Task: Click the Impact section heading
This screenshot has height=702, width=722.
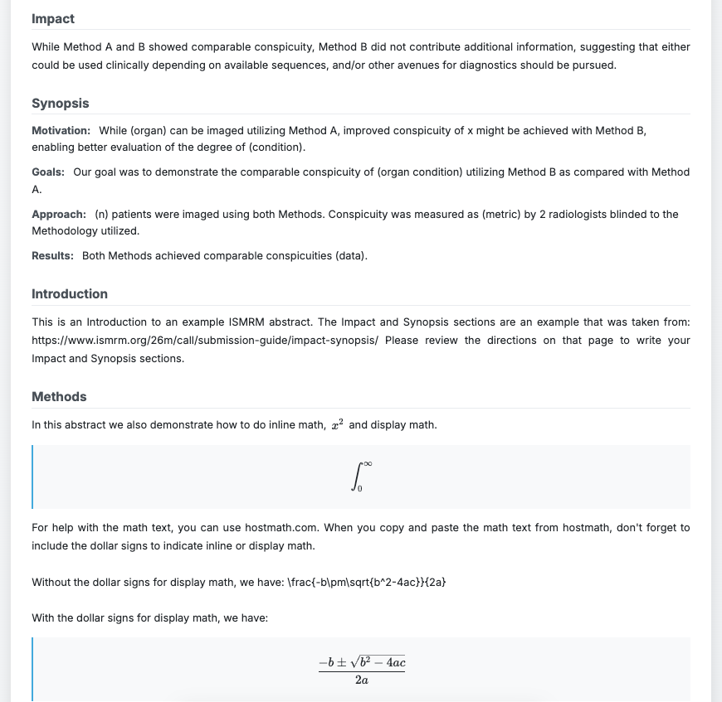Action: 53,18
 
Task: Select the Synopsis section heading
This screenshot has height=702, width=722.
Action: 60,103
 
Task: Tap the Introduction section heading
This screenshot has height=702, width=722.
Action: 70,293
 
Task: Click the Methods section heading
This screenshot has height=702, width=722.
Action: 59,396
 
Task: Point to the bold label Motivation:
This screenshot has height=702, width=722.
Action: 61,130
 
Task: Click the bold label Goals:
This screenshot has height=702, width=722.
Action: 48,172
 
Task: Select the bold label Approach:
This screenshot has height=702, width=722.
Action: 59,214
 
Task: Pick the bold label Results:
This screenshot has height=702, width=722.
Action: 52,255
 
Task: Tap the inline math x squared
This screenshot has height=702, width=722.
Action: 337,424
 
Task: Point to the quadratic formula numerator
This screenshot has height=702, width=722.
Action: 362,662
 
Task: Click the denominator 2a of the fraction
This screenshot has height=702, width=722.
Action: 362,680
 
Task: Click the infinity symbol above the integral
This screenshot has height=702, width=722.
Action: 367,464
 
